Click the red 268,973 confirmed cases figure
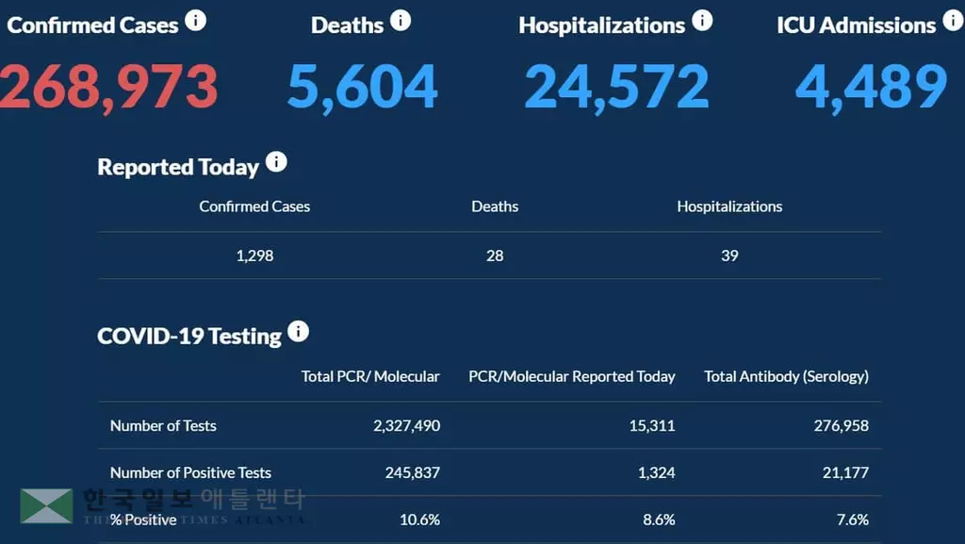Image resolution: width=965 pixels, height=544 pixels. (x=107, y=86)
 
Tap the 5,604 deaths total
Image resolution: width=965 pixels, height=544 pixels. (x=363, y=86)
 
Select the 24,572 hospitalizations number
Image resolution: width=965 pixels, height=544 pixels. (x=616, y=86)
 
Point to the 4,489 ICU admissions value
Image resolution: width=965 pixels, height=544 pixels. (x=871, y=86)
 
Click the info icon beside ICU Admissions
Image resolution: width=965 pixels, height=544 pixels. (x=952, y=22)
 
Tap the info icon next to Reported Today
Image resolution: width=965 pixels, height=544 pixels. (x=276, y=162)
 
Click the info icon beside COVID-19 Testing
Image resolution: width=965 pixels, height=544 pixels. (x=298, y=332)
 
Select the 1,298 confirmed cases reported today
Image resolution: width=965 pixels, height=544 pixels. (x=254, y=256)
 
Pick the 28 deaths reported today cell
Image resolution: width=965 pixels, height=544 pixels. (x=495, y=256)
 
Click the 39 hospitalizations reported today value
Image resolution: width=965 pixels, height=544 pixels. (x=729, y=256)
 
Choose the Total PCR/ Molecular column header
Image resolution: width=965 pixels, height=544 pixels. (x=370, y=376)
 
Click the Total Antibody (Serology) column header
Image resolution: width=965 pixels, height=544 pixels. (x=786, y=376)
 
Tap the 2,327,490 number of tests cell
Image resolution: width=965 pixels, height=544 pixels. (x=405, y=425)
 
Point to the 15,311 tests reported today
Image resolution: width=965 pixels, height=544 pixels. (x=651, y=425)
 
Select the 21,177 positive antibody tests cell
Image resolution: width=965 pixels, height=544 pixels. (x=845, y=472)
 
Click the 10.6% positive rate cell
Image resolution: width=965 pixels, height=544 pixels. (x=419, y=519)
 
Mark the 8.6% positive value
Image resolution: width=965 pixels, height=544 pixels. (x=657, y=519)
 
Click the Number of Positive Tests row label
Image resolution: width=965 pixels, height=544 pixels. (x=190, y=472)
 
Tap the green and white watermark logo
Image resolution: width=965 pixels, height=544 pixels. (x=46, y=506)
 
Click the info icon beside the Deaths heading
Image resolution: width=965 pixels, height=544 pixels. (x=401, y=21)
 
